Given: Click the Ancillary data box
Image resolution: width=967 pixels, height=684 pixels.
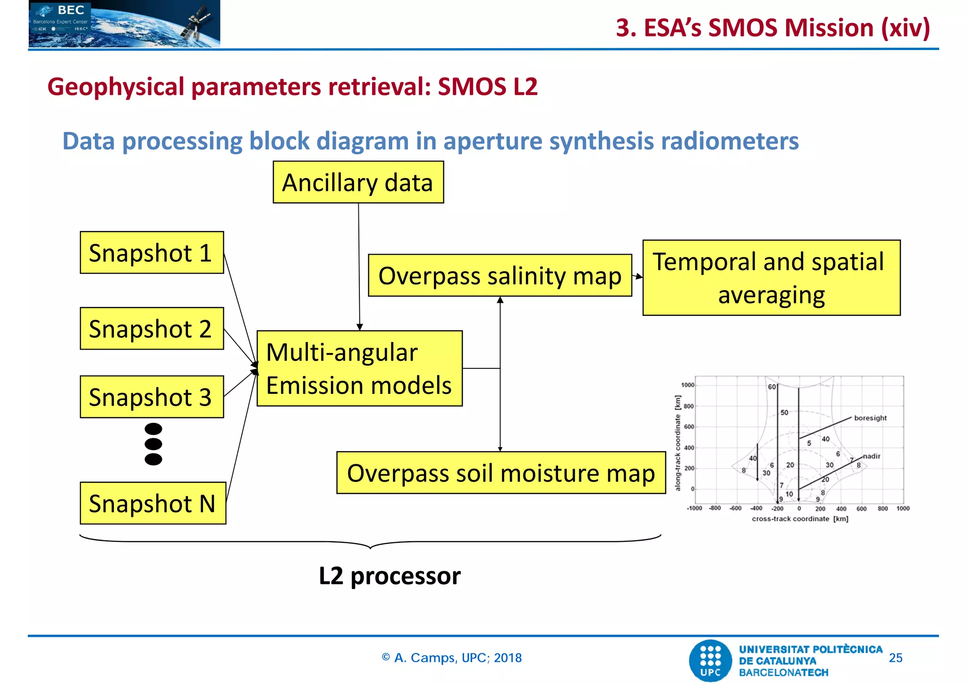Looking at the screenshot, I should pos(358,182).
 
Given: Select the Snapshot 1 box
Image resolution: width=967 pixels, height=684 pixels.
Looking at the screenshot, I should pos(152,253).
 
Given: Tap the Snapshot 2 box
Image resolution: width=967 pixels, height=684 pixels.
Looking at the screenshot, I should pos(152,329).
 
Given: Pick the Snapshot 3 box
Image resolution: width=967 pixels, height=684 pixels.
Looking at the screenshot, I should pos(152,397).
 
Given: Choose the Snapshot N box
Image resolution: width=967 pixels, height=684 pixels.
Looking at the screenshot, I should pos(153,503).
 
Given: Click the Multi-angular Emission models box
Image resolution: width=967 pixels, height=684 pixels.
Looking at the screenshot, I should pos(359,368).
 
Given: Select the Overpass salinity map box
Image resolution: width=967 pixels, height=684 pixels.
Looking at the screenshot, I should pos(500,276).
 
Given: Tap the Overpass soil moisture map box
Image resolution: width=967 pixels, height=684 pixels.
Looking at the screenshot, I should pos(501,473).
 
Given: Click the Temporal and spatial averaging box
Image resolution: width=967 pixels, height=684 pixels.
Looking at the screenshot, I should pos(771,278).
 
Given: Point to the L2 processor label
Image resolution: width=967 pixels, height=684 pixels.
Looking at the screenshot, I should pos(390,576).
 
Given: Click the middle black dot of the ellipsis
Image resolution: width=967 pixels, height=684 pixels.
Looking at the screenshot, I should pos(153,444).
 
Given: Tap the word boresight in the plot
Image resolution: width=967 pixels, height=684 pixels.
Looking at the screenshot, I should pos(870,418).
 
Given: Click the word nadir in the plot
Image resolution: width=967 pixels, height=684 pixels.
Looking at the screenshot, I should pos(872,456).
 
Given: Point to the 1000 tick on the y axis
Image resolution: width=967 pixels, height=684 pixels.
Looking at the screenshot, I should pos(687,385).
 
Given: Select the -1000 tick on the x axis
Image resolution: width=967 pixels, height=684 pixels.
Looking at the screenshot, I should pos(694,509).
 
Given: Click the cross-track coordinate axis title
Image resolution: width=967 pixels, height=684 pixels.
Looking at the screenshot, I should pos(800,519).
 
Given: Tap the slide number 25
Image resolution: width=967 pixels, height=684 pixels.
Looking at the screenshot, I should pos(895,658).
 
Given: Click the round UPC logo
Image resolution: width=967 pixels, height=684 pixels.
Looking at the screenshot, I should pos(710,660).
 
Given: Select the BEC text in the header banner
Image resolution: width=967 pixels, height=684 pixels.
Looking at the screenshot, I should pos(71,10).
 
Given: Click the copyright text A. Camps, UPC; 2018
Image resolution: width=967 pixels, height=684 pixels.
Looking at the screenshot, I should pos(452,658).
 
